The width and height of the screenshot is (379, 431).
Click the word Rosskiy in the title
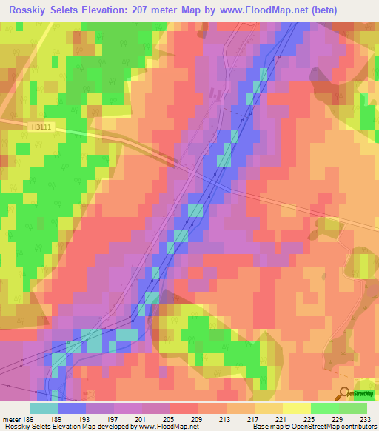[x=30, y=10]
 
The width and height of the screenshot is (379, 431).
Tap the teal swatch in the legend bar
[x=44, y=408]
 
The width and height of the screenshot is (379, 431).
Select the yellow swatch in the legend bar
[x=297, y=408]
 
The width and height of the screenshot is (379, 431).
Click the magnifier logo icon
[x=344, y=394]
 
